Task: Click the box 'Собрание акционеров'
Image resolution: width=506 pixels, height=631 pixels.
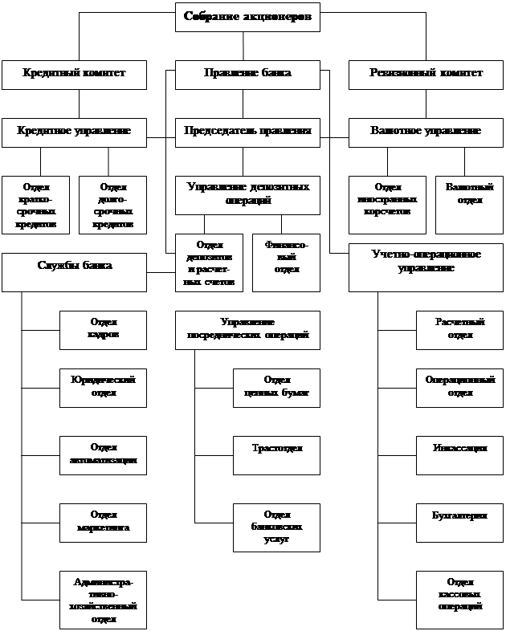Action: pos(247,17)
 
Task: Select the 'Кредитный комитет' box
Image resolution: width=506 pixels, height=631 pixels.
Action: pos(74,74)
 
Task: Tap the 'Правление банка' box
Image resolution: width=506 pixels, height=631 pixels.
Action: pos(247,74)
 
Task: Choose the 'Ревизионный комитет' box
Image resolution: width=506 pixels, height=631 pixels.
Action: pos(426,74)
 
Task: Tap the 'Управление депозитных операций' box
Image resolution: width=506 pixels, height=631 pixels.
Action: pos(247,194)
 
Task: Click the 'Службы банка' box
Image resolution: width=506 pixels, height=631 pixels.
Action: pos(74,271)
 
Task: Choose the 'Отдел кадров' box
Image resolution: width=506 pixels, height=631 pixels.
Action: pos(103,329)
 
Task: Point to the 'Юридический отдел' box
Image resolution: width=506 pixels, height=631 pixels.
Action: pos(103,388)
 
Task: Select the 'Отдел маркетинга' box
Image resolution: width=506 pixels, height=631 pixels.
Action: pos(103,523)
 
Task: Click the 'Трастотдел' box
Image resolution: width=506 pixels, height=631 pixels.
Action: pos(276,455)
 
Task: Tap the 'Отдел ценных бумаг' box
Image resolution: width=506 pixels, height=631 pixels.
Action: pos(276,388)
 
